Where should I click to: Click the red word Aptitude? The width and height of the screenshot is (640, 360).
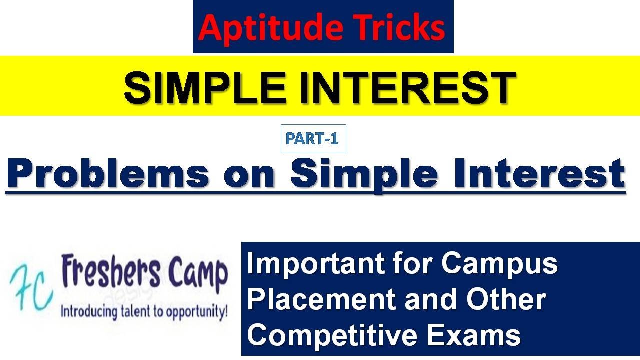coord(271,29)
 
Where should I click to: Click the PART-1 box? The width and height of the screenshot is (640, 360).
coord(313,138)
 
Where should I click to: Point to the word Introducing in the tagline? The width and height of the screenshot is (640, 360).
coord(89,312)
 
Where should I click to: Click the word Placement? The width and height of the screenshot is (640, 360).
coord(321,299)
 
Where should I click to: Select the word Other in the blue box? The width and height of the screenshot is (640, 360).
coord(506,299)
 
